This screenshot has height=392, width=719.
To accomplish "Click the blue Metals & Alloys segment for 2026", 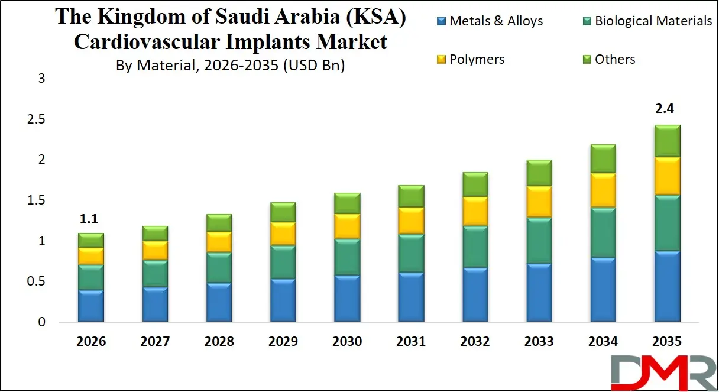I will click(91, 306).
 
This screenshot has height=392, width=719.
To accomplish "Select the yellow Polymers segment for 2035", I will click(666, 176).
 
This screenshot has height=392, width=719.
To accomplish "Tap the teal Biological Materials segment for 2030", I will click(348, 257).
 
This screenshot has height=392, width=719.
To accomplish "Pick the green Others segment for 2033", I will click(539, 173).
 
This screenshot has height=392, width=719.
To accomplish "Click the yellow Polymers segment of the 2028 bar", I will click(219, 242).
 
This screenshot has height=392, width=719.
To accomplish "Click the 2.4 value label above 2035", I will click(666, 109).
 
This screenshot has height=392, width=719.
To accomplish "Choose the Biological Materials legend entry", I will click(646, 21).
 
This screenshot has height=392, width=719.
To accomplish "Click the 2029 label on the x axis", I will click(283, 342).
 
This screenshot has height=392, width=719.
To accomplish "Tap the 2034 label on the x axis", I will click(602, 342).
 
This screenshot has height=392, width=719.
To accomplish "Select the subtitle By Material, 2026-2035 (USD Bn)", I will click(230, 65).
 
